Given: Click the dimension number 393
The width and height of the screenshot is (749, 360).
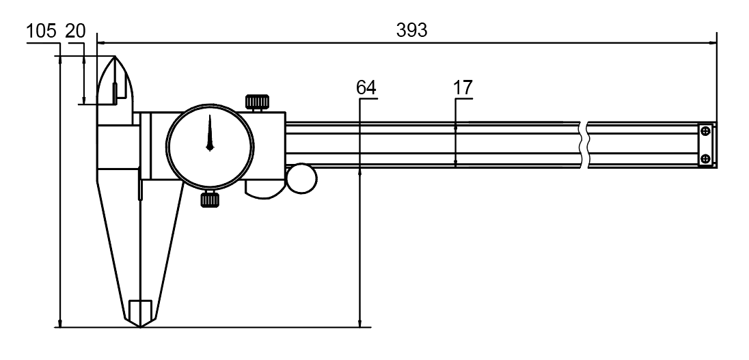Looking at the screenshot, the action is click(x=411, y=31).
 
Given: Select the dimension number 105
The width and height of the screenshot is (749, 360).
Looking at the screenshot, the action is click(x=41, y=31).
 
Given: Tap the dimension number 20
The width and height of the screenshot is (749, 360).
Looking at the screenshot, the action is click(x=75, y=31).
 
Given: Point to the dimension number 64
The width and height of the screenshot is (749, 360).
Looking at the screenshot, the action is click(x=366, y=88).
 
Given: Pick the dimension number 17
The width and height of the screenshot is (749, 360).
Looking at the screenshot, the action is click(x=463, y=88).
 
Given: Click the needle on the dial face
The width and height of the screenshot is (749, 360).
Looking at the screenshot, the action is click(x=210, y=133).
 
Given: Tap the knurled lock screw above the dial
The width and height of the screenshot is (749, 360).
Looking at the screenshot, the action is click(x=257, y=102).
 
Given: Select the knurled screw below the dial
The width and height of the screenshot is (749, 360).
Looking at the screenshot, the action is click(x=210, y=199).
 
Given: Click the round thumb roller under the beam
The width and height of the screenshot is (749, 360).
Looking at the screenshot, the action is click(x=302, y=178).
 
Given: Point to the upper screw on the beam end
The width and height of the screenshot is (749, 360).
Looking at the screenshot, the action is click(x=705, y=131).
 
